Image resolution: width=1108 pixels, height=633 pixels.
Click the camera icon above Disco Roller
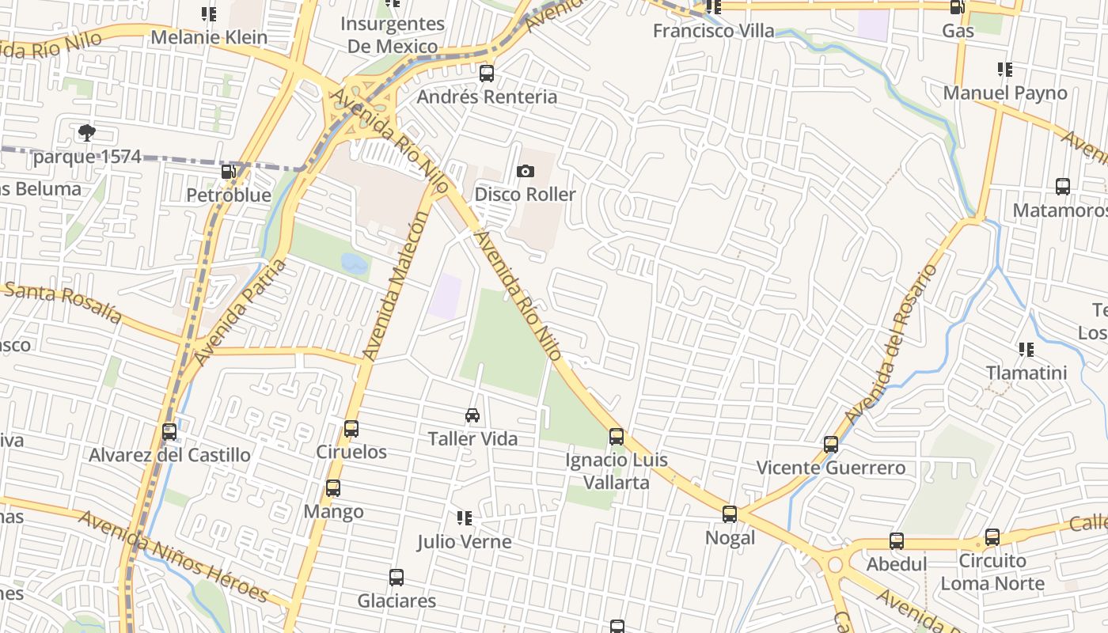click(x=525, y=172)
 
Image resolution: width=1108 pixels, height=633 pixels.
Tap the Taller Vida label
click(x=472, y=438)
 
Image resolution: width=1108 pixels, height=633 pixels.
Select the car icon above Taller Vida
click(x=472, y=415)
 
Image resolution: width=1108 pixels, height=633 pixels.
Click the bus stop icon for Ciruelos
click(x=351, y=429)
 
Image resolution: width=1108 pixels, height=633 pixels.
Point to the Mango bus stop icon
click(x=333, y=488)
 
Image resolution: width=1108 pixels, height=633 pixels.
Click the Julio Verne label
click(x=465, y=542)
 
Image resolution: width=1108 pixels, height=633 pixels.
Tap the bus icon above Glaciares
click(x=397, y=578)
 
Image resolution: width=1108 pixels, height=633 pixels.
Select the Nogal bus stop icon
click(x=730, y=514)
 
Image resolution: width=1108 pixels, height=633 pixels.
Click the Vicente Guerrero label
click(x=831, y=468)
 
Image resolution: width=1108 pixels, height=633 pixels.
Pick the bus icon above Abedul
click(x=897, y=541)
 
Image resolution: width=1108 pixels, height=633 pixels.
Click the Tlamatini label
click(x=1026, y=373)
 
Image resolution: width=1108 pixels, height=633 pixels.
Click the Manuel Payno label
click(x=1005, y=93)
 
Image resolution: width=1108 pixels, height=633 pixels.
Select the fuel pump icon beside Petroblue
click(x=228, y=172)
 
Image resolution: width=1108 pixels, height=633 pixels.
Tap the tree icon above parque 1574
click(x=87, y=133)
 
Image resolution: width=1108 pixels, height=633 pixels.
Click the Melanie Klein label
click(x=209, y=37)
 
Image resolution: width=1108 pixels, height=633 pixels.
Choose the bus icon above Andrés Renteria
click(x=487, y=74)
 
